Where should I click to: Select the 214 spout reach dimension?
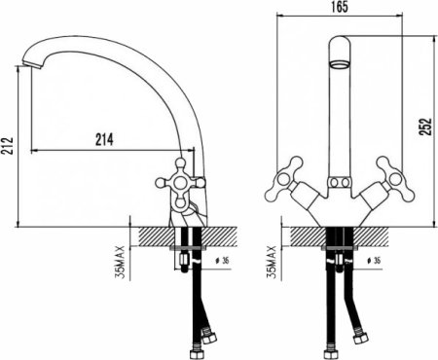tap(103, 139)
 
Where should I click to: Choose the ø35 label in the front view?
tap(377, 262)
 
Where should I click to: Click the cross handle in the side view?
tap(181, 182)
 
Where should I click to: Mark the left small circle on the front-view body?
tap(331, 182)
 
